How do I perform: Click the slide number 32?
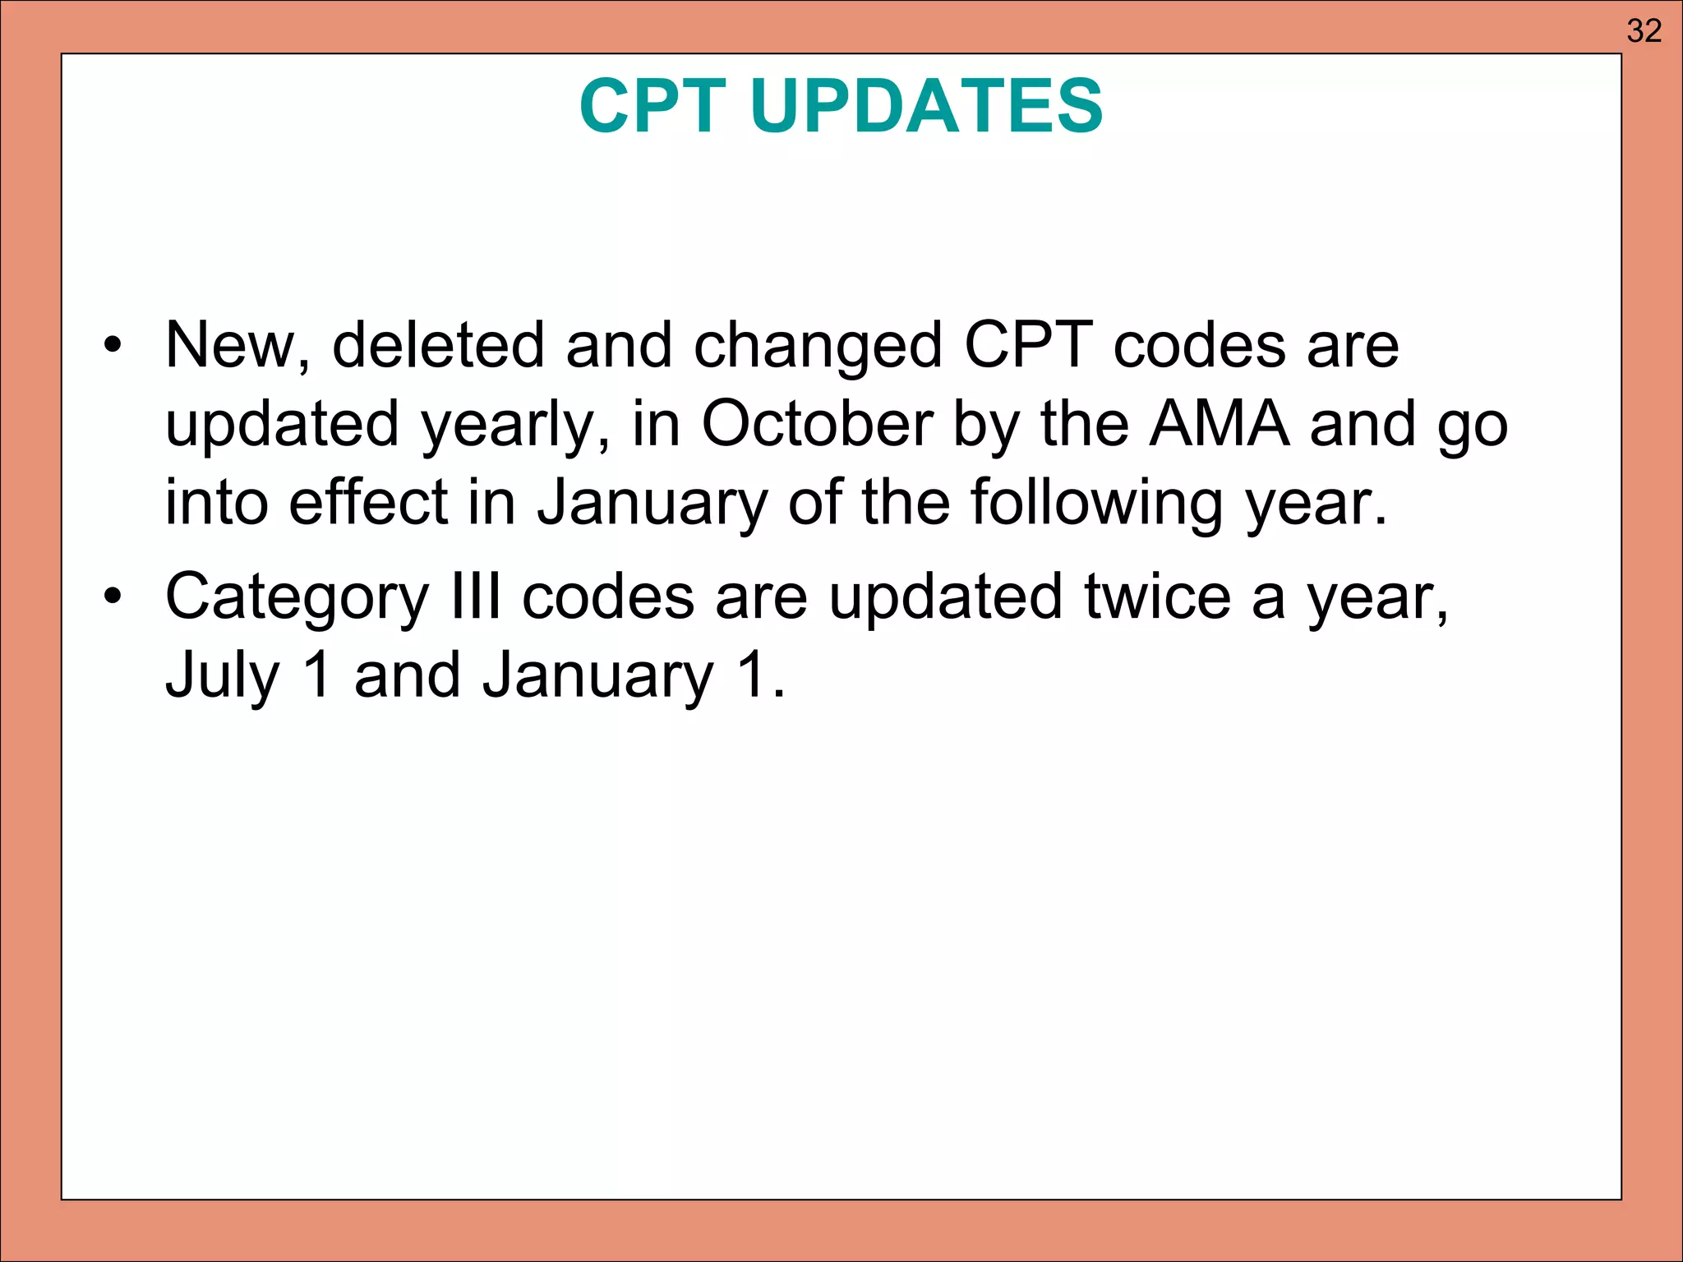1644,31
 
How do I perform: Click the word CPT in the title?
652,106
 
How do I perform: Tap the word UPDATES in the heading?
926,106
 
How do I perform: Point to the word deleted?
437,345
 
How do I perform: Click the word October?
816,424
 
